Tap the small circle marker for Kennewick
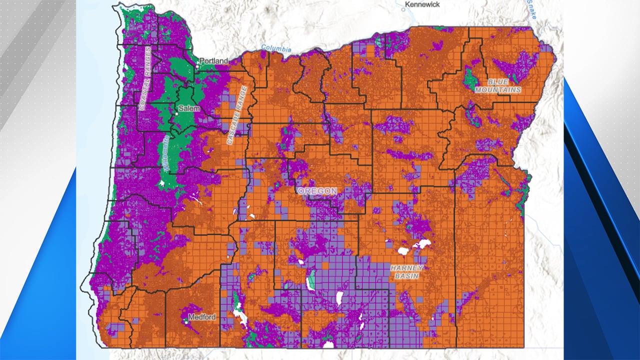pos(403,8)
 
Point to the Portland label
pos(214,61)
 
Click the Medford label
pos(202,317)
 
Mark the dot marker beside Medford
pos(186,322)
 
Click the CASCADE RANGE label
pos(237,115)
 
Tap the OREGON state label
pos(317,191)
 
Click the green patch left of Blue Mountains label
pos(469,77)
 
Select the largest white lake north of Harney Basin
pos(421,244)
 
